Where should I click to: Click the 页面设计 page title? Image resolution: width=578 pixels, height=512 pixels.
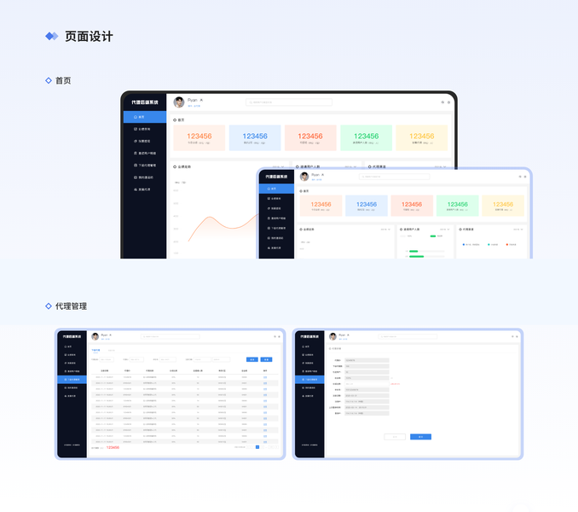89,37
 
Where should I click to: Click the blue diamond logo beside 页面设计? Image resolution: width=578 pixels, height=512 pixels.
52,37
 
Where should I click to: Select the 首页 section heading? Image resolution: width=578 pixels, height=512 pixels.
63,80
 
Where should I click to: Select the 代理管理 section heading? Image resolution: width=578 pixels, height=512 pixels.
71,305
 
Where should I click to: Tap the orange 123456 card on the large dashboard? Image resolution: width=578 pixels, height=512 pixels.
199,138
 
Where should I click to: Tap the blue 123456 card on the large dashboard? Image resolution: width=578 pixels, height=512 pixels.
254,138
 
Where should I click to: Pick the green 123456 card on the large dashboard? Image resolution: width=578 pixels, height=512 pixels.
366,138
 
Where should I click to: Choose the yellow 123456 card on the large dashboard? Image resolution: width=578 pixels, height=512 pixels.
421,138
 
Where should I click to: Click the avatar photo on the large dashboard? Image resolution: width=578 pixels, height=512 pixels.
179,102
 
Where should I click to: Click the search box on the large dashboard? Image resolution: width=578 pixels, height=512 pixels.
289,102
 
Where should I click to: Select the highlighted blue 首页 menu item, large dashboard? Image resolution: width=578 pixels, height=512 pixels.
143,117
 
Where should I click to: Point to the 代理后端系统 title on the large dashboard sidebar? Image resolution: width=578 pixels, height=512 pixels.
144,102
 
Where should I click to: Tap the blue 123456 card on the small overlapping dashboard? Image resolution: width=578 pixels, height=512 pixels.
367,206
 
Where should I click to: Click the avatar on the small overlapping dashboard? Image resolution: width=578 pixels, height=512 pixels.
304,176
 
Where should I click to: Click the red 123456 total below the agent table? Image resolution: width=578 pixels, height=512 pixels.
113,447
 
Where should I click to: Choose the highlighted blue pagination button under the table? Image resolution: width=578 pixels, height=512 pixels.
257,446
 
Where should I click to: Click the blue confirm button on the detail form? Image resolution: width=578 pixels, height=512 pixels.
420,437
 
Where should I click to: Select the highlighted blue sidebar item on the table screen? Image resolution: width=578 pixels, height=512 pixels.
72,379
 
